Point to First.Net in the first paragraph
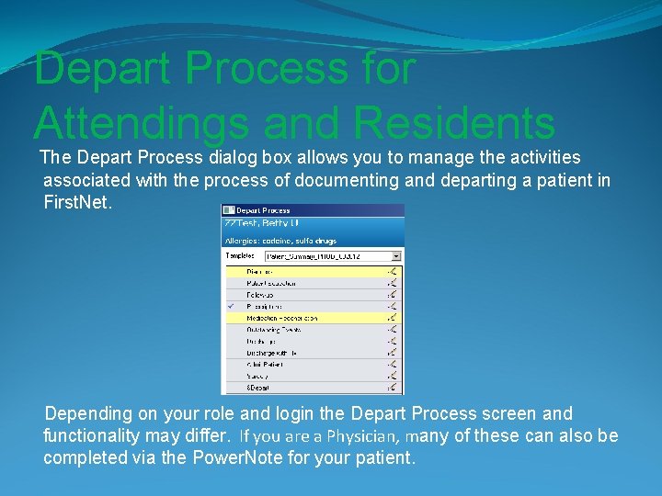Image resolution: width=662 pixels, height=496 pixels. point(78,201)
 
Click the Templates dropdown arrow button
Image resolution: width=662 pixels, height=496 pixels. point(396,256)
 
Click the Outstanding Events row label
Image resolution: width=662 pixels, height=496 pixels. point(274,330)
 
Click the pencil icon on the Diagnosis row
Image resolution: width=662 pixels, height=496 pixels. point(394,271)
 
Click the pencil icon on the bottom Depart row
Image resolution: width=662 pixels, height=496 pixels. point(394,389)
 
